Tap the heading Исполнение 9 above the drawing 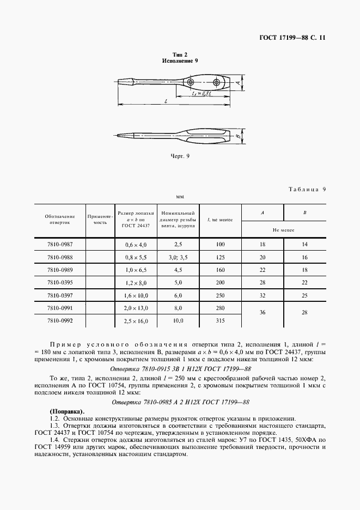[x=180, y=61]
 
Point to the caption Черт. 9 [x=180, y=156]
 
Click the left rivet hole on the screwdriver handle [x=190, y=82]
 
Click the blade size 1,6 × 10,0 [x=136, y=296]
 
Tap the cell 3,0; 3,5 [x=178, y=258]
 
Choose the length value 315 [x=220, y=321]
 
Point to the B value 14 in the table [x=304, y=245]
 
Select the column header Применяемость [x=100, y=220]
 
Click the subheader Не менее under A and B [x=284, y=230]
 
